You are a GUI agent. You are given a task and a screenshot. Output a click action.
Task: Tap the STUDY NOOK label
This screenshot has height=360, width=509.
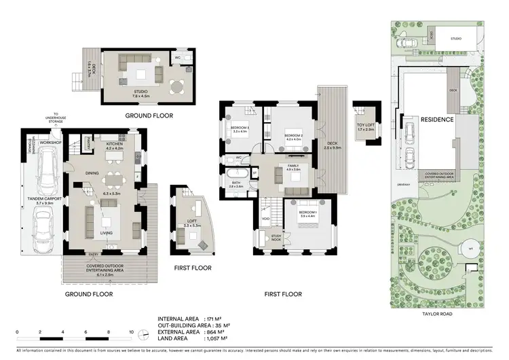276,238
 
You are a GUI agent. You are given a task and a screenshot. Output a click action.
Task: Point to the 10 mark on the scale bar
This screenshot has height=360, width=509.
132,333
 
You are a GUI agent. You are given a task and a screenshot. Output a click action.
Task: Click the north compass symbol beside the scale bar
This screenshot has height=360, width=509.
144,334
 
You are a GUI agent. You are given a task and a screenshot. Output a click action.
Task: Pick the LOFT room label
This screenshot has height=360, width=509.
191,221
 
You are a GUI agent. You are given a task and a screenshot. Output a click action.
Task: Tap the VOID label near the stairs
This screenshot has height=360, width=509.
266,219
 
